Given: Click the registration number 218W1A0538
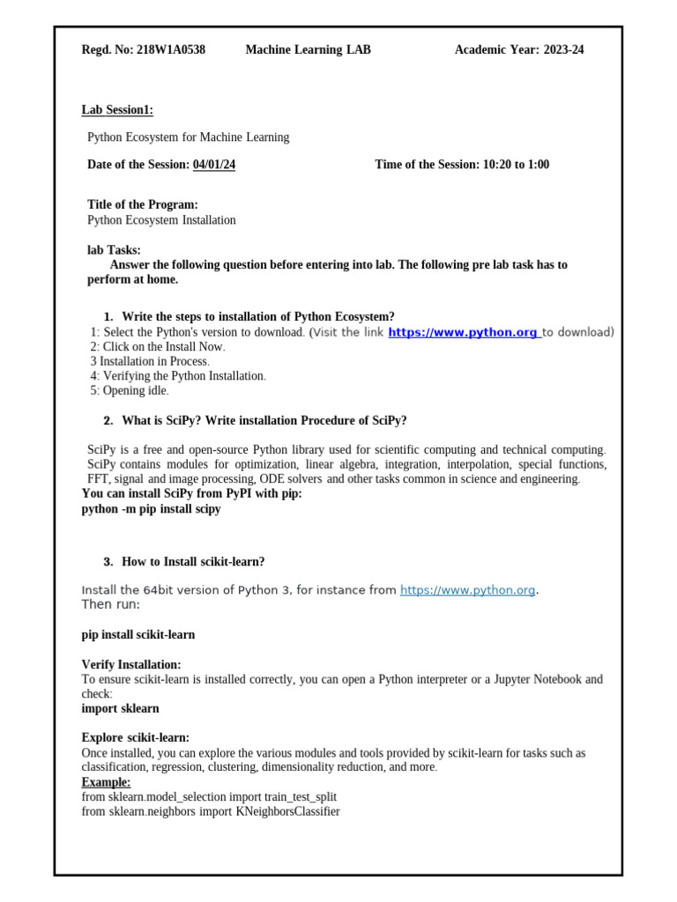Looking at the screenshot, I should pyautogui.click(x=171, y=50).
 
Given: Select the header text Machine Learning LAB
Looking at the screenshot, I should pyautogui.click(x=308, y=50).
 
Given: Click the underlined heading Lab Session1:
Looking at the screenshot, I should pyautogui.click(x=117, y=110).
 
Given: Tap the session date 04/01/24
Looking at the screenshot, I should pyautogui.click(x=214, y=165).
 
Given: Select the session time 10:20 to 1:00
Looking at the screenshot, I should pyautogui.click(x=516, y=165).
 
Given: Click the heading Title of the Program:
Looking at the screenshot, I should pyautogui.click(x=143, y=204).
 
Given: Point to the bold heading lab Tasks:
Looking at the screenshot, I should pyautogui.click(x=114, y=250).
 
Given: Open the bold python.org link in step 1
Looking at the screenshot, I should pyautogui.click(x=463, y=332).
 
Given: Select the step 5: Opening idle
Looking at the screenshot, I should pyautogui.click(x=129, y=390).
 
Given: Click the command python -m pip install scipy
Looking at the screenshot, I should pyautogui.click(x=151, y=509).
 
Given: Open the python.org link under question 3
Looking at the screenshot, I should pyautogui.click(x=467, y=590).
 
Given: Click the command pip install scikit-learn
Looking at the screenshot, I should pyautogui.click(x=138, y=634).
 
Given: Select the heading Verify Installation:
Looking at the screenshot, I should pyautogui.click(x=131, y=664).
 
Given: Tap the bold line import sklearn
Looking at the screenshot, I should pyautogui.click(x=121, y=708).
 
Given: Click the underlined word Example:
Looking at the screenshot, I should pyautogui.click(x=106, y=782).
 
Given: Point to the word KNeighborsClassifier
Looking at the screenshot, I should pyautogui.click(x=287, y=811).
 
